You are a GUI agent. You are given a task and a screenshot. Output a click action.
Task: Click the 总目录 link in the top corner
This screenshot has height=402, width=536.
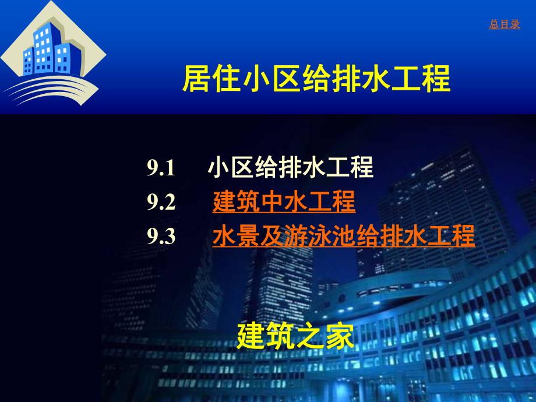point(504,25)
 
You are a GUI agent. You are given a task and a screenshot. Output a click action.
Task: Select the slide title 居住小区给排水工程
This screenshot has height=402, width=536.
point(316,80)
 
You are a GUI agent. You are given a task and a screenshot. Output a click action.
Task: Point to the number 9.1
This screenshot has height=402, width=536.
point(161,169)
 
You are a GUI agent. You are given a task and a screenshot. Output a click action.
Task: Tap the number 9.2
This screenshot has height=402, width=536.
point(161,203)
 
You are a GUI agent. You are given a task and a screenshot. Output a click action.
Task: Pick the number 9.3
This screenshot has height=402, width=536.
point(161,237)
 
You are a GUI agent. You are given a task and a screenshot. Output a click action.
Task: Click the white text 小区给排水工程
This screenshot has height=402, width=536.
point(290,168)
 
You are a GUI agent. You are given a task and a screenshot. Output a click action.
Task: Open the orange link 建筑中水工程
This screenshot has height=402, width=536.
point(284,202)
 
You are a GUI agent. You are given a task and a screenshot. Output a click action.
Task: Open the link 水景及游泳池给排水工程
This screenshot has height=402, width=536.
point(344,237)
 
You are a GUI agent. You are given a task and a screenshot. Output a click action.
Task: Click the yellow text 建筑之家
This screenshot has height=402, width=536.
point(295,336)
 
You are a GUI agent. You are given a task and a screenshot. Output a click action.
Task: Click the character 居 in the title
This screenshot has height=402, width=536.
point(196,80)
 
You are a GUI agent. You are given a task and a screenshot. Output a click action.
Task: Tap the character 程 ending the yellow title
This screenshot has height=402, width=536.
point(436,80)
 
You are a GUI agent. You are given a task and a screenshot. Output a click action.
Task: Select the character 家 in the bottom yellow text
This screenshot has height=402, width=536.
point(340,336)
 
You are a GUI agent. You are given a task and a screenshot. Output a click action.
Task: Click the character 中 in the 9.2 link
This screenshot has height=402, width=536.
point(284,202)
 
